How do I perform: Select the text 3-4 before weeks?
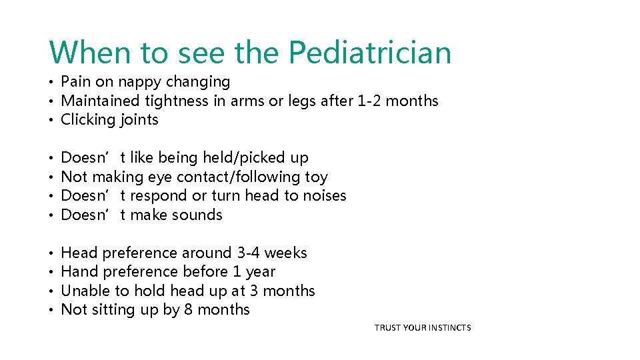[x=249, y=253]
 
